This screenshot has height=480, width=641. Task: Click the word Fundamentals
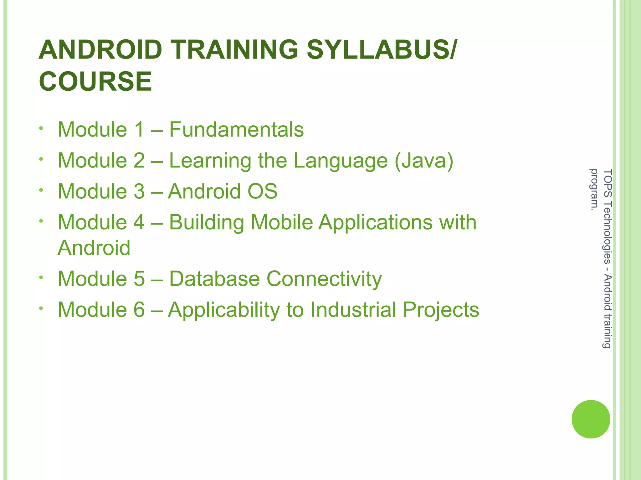[x=236, y=129]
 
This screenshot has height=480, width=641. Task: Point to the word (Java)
[x=424, y=161]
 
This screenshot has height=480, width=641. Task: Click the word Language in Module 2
[x=341, y=161]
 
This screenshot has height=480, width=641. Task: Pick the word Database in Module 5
[x=214, y=278]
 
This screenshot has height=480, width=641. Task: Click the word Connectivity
[x=324, y=278]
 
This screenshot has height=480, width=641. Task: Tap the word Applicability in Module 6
[x=223, y=310]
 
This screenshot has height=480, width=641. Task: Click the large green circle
[x=591, y=419]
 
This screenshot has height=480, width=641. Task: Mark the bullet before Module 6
[x=41, y=308]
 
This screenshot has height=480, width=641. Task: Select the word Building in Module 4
[x=207, y=223]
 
